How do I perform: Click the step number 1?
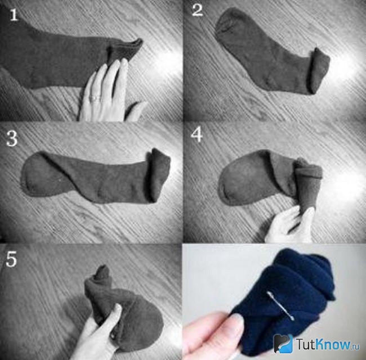click(x=14, y=15)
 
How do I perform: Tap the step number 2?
click(x=197, y=10)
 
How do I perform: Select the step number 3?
click(x=12, y=138)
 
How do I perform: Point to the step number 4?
click(x=197, y=135)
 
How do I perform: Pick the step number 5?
click(x=11, y=259)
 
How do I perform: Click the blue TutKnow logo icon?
click(x=283, y=343)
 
